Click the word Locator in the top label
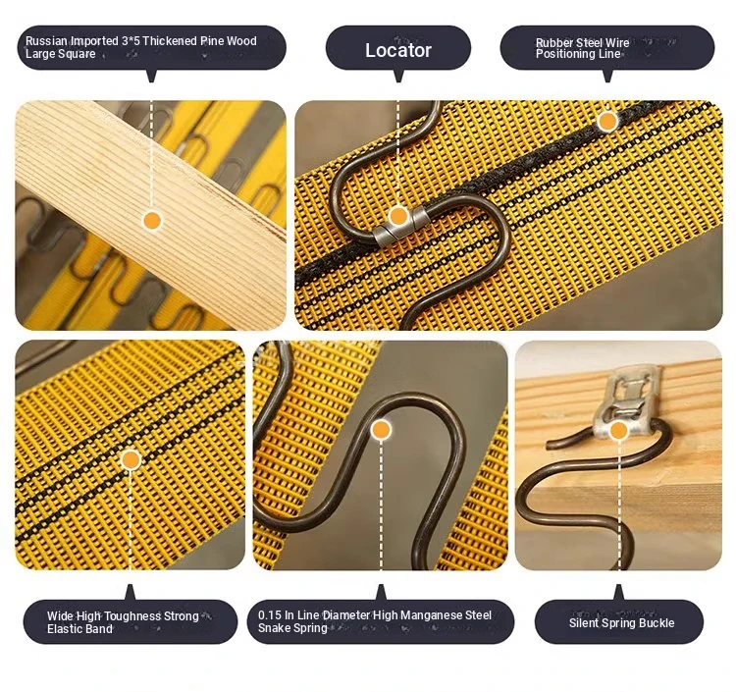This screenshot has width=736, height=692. pyautogui.click(x=398, y=50)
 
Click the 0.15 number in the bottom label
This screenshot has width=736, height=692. pyautogui.click(x=270, y=615)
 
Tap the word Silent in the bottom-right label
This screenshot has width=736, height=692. pyautogui.click(x=585, y=623)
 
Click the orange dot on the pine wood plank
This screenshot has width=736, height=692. pyautogui.click(x=151, y=220)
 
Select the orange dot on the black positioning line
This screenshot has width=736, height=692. pyautogui.click(x=607, y=121)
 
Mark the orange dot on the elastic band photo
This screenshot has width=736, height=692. pyautogui.click(x=131, y=460)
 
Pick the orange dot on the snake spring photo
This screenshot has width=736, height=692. pyautogui.click(x=381, y=430)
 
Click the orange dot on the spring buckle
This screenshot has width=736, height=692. pyautogui.click(x=618, y=431)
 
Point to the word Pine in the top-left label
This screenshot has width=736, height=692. pyautogui.click(x=212, y=41)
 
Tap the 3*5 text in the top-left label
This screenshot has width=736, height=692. pyautogui.click(x=131, y=41)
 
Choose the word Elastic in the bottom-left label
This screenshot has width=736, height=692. pyautogui.click(x=65, y=629)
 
